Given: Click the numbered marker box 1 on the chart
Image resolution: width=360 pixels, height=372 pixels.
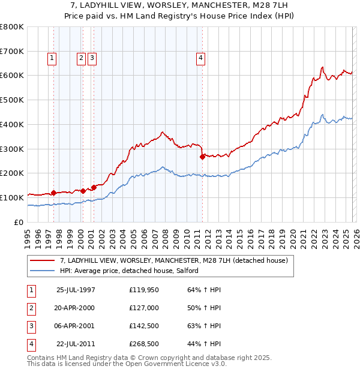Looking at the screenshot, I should tap(52, 58).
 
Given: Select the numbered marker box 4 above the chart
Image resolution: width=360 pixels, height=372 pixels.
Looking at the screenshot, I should tap(200, 58).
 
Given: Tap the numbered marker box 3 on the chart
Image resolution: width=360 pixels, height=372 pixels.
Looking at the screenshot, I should tap(92, 58).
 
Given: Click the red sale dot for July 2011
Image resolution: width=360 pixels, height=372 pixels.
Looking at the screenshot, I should tap(202, 157).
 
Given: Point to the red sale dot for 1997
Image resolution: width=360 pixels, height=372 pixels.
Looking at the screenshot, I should tap(53, 193).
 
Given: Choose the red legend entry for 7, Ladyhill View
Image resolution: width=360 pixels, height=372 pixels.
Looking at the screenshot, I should tap(174, 261).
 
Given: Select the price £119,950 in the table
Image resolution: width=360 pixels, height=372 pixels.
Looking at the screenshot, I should tap(143, 290).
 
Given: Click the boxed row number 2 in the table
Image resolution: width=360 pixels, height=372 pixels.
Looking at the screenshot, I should tap(31, 308).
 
